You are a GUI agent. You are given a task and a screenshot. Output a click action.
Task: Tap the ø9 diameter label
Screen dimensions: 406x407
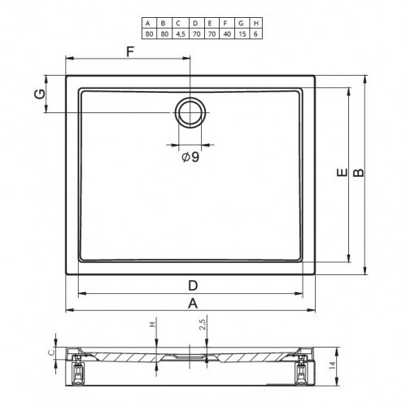coord(190,157)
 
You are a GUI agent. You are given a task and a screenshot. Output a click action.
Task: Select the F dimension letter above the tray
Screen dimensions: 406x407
coord(130,51)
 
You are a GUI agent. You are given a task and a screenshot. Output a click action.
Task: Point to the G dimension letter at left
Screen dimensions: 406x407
coord(40,94)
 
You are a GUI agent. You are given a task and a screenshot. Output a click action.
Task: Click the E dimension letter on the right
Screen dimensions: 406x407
coord(342,173)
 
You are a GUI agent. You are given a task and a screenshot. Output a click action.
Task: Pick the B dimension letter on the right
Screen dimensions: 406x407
coord(359,173)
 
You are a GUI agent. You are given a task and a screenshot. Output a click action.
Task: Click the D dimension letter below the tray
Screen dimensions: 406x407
coord(193,286)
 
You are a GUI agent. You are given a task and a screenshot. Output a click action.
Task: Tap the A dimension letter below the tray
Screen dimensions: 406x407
coord(193,304)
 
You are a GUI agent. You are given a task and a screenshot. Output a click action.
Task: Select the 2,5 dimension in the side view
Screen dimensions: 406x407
coord(203,324)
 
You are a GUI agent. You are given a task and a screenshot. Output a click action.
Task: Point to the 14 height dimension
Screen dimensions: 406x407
coord(332,365)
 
